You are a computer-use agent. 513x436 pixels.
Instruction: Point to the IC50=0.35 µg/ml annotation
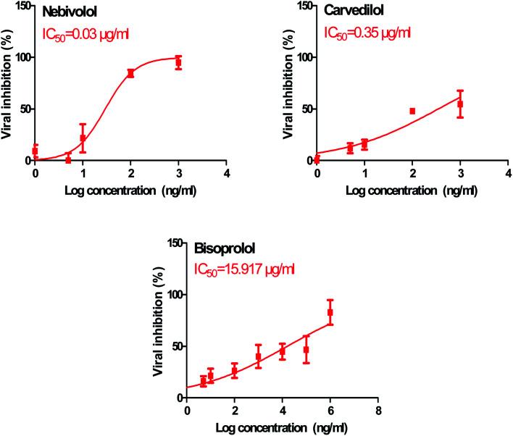[x=367, y=33]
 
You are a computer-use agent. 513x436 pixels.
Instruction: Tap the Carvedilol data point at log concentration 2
[x=412, y=111]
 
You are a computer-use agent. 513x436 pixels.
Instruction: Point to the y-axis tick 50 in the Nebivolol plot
[x=25, y=109]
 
